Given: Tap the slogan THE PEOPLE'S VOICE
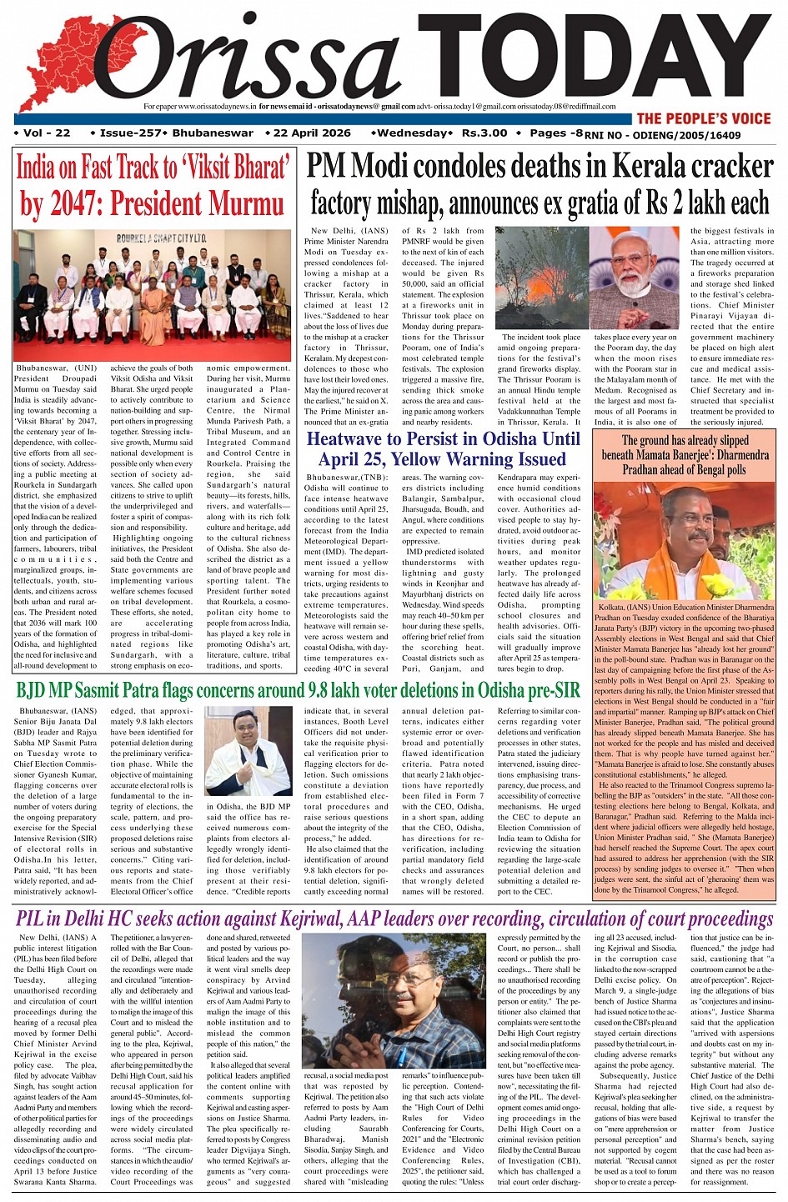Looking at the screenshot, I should click(704, 118).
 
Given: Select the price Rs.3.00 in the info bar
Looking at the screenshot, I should click(484, 133).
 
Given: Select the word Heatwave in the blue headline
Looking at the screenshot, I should click(349, 439).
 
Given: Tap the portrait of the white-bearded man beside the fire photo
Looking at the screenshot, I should click(635, 279).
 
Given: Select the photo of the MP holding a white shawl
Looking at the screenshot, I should click(248, 751).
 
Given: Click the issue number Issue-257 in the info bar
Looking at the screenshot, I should click(129, 133).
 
